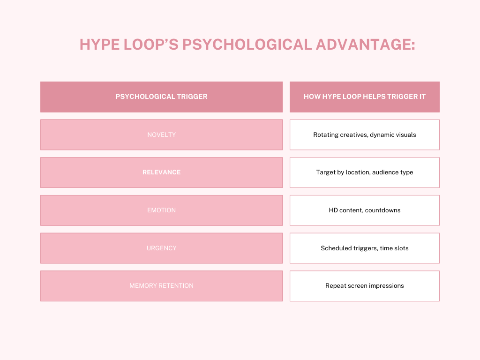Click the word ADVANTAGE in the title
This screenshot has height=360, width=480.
[x=365, y=45]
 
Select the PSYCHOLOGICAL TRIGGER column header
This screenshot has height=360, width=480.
[x=161, y=97]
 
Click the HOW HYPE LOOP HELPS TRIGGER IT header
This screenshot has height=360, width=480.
[x=365, y=97]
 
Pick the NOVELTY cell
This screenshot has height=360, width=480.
[x=161, y=135]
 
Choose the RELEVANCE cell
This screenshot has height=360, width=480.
[x=161, y=172]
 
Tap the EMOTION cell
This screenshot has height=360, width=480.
[x=161, y=210]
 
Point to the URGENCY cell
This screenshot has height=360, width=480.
[x=161, y=248]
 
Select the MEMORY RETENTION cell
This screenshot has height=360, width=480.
[x=161, y=286]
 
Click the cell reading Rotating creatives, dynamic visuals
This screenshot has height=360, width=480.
[x=365, y=135]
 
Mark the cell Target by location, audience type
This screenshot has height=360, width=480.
[x=365, y=172]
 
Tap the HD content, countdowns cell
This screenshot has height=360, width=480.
[x=365, y=210]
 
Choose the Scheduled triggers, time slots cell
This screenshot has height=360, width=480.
[x=365, y=248]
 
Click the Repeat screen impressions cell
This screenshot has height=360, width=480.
[x=365, y=286]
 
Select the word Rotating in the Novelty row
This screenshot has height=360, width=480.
[x=326, y=135]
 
